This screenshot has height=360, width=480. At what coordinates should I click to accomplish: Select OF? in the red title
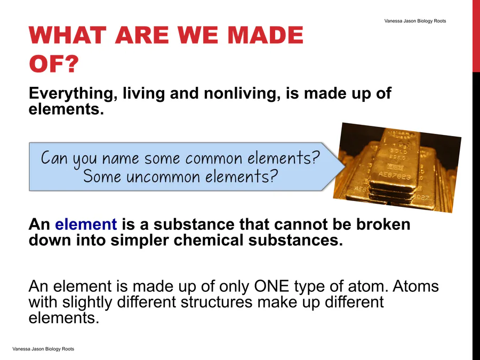[x=54, y=63]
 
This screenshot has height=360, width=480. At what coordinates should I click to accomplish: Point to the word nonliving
[x=242, y=93]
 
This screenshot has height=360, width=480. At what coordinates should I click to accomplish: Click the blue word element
[x=86, y=224]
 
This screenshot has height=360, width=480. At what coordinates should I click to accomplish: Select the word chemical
[x=209, y=239]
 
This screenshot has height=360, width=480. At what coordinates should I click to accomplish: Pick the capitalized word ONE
[x=271, y=286]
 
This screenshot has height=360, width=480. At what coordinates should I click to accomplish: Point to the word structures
[x=217, y=302]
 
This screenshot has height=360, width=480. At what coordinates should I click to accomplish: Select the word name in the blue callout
[x=121, y=158]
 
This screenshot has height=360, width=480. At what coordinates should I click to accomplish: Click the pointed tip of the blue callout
[x=346, y=166]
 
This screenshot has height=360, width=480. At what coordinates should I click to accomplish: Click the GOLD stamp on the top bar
[x=398, y=151]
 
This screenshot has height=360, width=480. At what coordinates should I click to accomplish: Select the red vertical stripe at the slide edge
[x=476, y=36]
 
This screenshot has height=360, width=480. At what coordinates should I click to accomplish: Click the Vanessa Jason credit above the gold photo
[x=415, y=21]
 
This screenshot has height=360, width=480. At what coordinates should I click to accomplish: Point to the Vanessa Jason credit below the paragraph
[x=43, y=349]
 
